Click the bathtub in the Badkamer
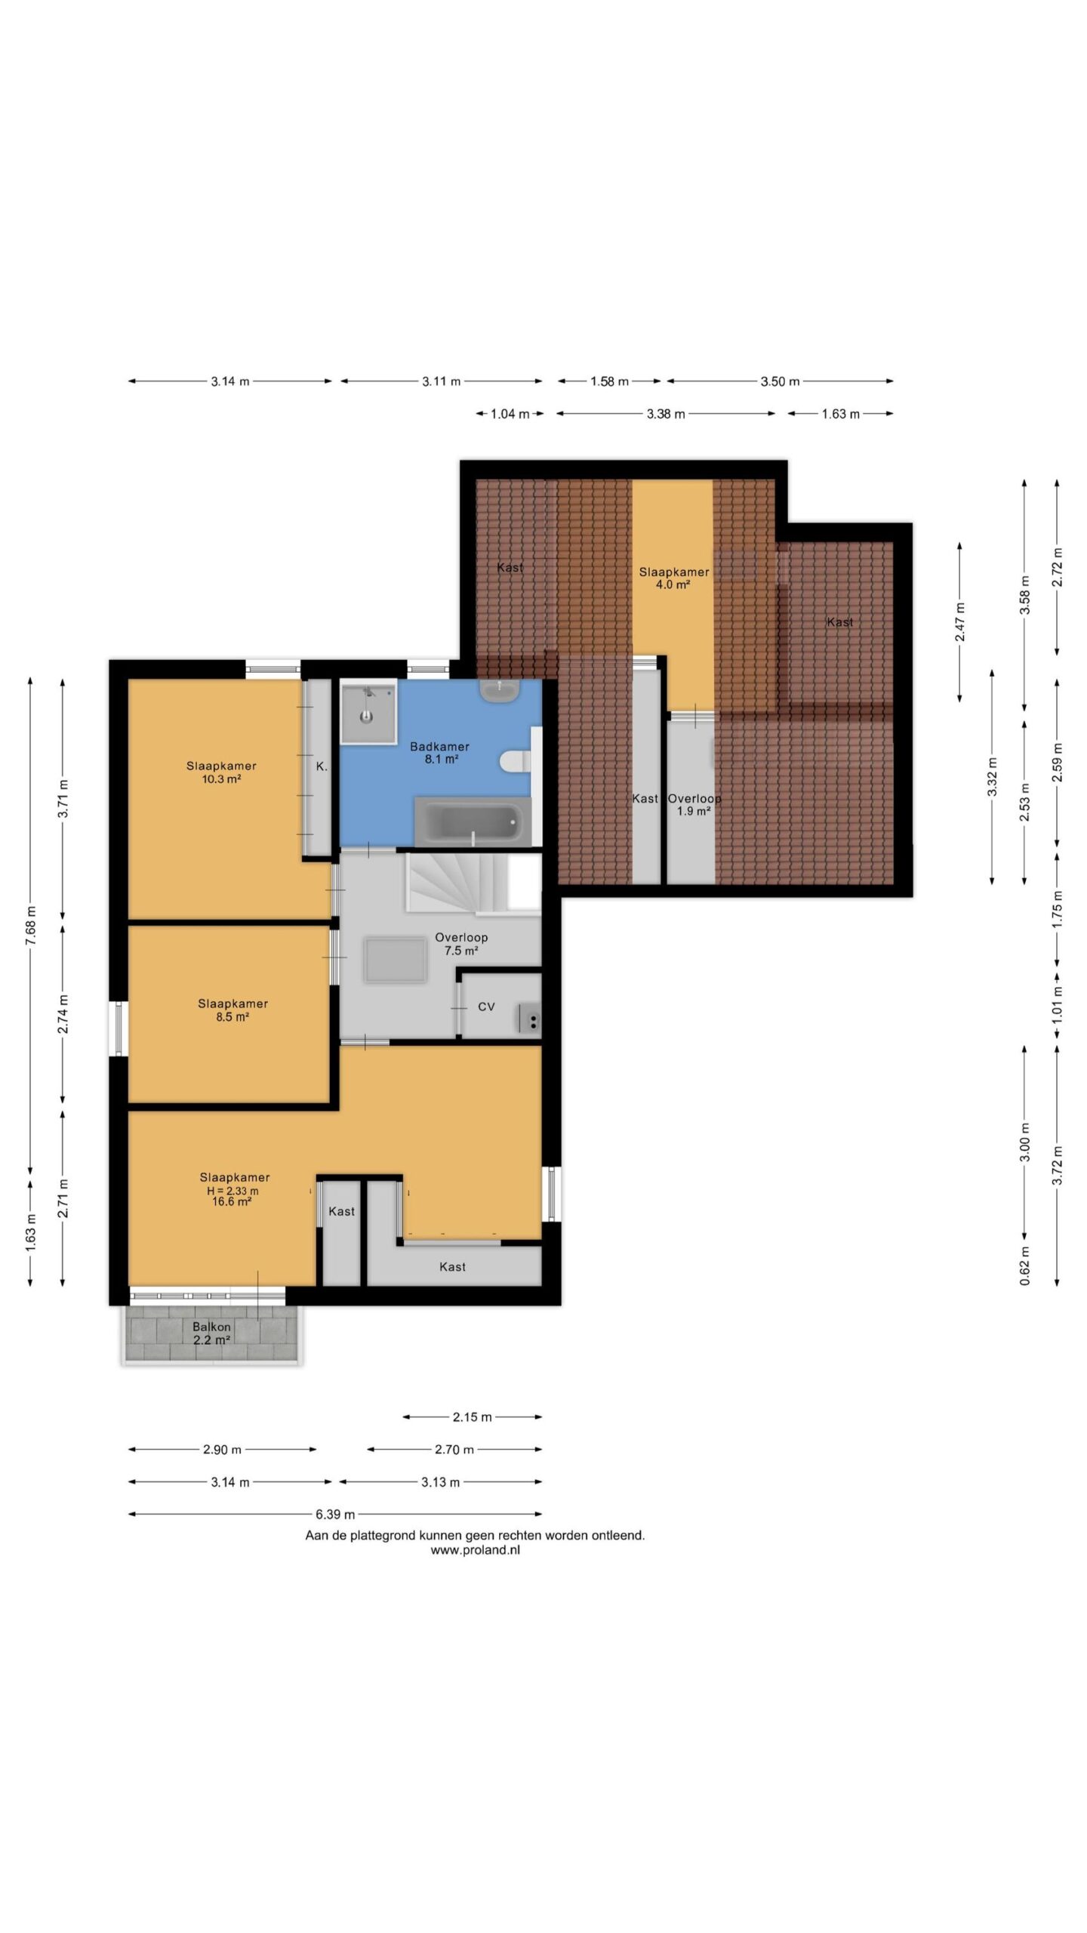pos(473,821)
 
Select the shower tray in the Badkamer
pos(368,712)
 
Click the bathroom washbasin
pos(499,691)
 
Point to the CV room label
pos(486,1007)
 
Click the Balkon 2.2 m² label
pos(211,1333)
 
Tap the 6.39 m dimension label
pos(335,1514)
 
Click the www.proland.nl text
pos(475,1550)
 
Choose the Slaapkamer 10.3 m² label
pos(221,772)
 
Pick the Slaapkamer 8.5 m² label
pos(232,1010)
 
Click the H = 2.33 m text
pos(232,1191)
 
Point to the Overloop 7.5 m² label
pos(461,944)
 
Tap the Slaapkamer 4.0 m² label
pos(674,578)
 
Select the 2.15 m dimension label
pos(473,1417)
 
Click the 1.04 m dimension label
pos(510,414)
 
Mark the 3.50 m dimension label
pos(780,381)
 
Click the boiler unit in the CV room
pos(530,1019)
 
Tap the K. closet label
pos(322,766)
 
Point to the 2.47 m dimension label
pos(960,621)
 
